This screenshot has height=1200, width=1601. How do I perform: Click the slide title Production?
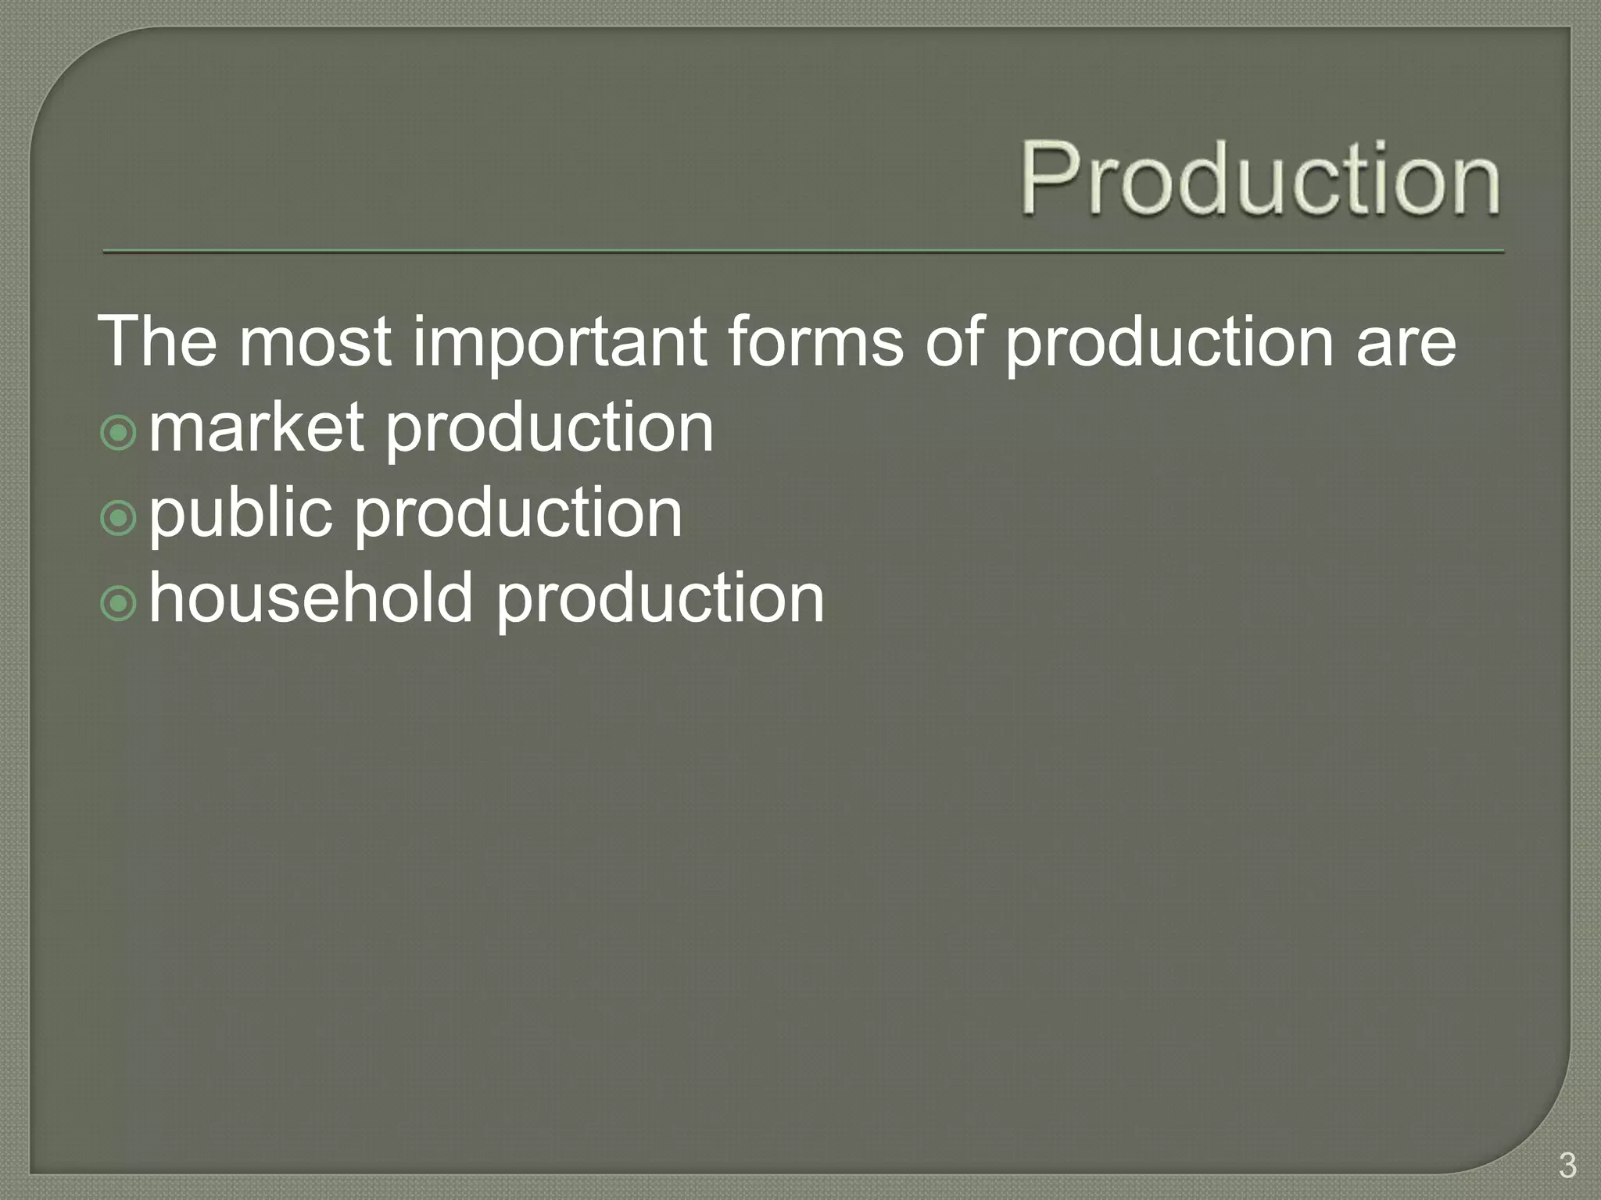coord(1260,178)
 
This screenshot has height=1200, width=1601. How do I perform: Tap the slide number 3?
coord(1567,1166)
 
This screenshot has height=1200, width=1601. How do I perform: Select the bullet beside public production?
coord(119,518)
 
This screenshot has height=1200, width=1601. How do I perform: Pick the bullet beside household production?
coord(119,603)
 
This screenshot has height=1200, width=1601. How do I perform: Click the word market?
coord(256,427)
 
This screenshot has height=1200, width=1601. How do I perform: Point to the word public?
coord(240,514)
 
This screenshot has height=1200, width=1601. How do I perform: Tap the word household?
coord(311,598)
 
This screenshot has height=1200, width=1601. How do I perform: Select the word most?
coord(314,342)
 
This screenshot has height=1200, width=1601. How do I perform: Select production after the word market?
coord(550,429)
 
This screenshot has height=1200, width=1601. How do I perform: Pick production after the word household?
coord(660,599)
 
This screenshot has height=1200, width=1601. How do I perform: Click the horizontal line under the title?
coord(804,252)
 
